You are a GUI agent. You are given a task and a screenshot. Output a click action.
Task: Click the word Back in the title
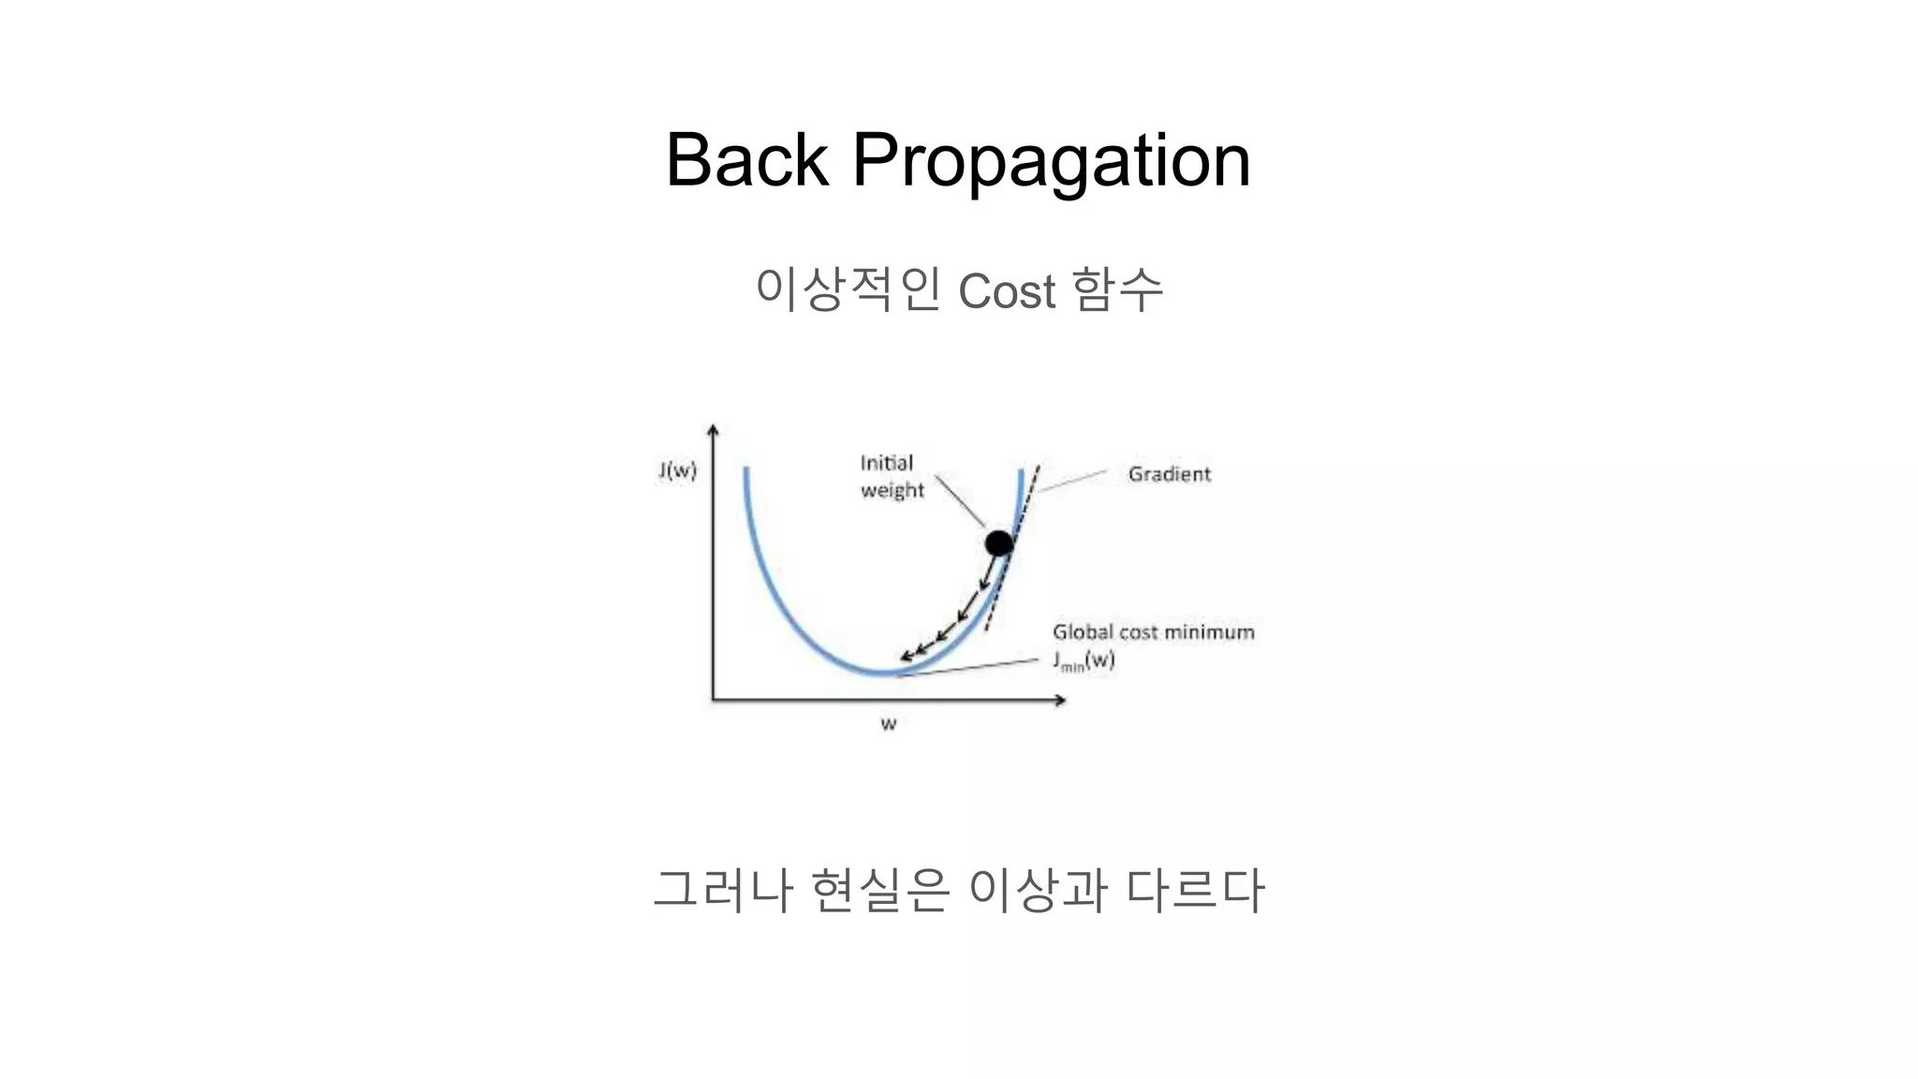[x=746, y=160]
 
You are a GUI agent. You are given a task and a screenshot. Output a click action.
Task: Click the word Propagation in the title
[x=1051, y=162]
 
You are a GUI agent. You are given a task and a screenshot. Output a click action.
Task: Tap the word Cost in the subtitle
[x=1007, y=290]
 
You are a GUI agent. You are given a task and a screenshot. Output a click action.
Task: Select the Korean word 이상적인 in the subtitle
[x=848, y=288]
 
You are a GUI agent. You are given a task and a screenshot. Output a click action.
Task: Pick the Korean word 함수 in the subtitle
[x=1117, y=288]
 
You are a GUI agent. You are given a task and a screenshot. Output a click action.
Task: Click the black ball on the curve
[x=999, y=543]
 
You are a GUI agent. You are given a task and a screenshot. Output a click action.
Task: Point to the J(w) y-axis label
[x=677, y=470]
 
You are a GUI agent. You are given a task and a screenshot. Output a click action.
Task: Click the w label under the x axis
[x=889, y=724]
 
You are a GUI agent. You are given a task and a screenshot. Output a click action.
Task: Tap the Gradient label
[x=1169, y=475]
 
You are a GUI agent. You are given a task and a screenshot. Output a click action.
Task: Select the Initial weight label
[x=891, y=477]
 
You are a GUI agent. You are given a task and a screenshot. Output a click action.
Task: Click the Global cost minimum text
[x=1153, y=632]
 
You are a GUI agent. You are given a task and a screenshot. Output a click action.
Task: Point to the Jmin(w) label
[x=1084, y=660]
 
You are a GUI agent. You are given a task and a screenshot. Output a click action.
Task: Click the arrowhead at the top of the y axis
[x=714, y=430]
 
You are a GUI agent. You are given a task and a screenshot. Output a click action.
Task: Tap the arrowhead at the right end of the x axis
[x=1060, y=700]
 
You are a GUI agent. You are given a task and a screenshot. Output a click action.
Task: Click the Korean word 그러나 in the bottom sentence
[x=723, y=890]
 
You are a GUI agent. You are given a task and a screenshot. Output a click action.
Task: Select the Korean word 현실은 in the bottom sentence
[x=880, y=890]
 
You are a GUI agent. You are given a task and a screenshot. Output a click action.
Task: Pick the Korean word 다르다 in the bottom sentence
[x=1195, y=890]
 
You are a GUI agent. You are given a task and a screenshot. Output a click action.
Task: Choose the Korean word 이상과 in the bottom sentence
[x=1037, y=890]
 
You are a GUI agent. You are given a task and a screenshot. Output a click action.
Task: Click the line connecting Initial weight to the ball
[x=960, y=501]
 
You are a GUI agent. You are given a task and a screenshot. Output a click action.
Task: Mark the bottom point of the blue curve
[x=880, y=673]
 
